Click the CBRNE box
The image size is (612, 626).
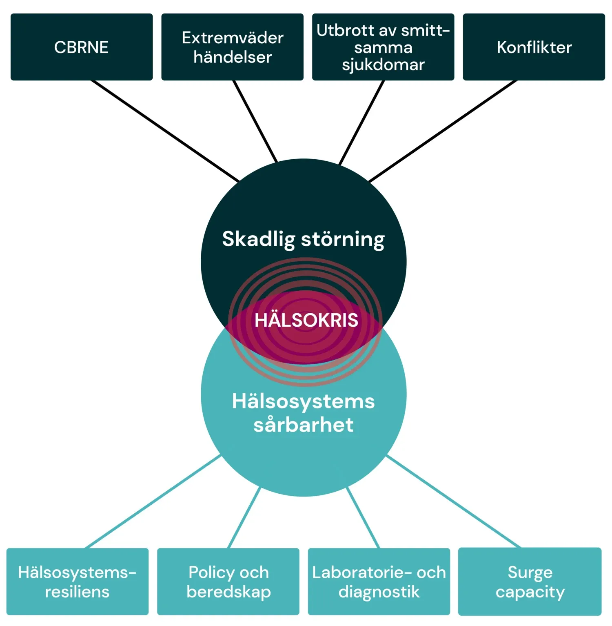coord(82,47)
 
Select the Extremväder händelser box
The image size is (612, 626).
coord(233,47)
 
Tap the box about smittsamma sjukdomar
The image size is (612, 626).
coord(383,47)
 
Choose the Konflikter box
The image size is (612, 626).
coord(534,47)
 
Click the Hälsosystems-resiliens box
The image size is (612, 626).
coord(78,581)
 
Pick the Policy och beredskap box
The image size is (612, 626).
coord(228,581)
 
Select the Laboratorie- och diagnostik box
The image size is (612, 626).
coord(379,581)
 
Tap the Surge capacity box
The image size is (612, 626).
coord(530,581)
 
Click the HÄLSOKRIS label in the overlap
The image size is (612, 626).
coord(306,320)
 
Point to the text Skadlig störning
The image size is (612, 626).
coord(303,239)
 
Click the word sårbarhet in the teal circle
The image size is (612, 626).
coord(303,425)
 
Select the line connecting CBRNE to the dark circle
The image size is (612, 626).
coord(165,131)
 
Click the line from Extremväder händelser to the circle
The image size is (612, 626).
coord(255,121)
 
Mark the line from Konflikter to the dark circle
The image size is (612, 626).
coord(443,131)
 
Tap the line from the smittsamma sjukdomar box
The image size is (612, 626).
coord(362,123)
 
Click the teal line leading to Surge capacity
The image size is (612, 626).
coord(453,501)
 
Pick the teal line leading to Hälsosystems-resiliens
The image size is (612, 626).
coord(153,501)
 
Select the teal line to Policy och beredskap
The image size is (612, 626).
coord(244,517)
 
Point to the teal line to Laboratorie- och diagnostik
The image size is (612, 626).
coord(363,518)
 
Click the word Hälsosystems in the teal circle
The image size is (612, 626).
coord(303,401)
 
